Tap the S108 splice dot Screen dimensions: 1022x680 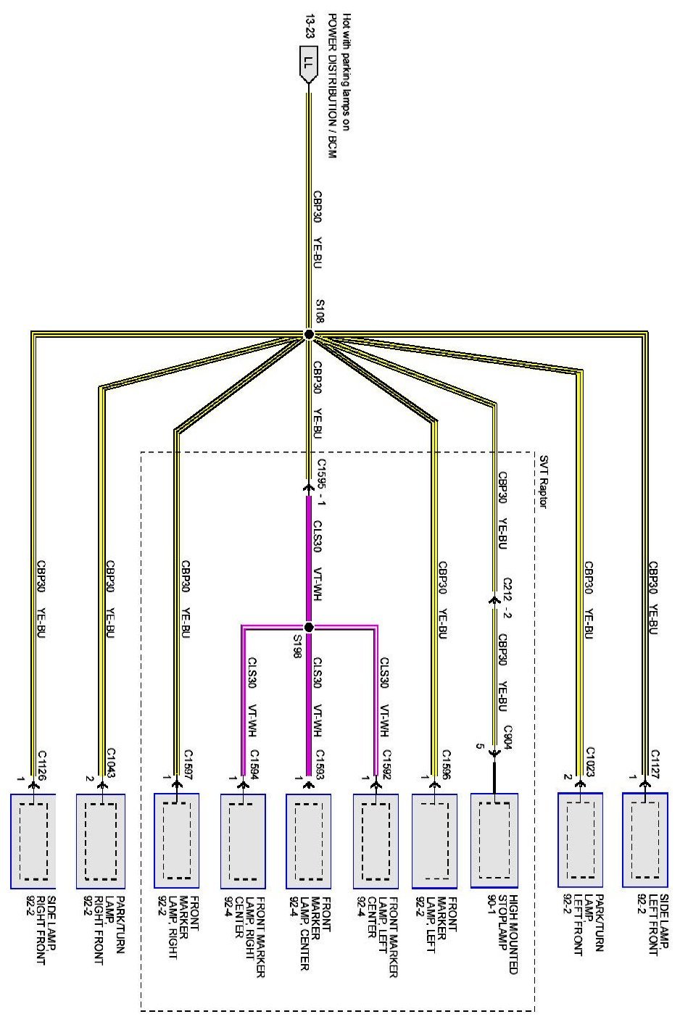[309, 335]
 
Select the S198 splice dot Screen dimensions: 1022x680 [309, 627]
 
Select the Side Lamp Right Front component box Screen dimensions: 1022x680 [33, 841]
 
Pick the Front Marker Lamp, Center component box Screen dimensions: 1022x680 [309, 841]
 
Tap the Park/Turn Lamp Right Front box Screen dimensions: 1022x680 [101, 841]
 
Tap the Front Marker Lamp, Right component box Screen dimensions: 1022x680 [177, 841]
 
